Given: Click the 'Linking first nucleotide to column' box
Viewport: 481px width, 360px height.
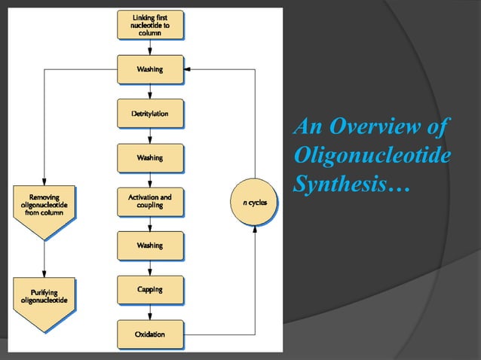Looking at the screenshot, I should coord(150,25).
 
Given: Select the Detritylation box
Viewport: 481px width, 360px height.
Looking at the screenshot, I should coord(150,114).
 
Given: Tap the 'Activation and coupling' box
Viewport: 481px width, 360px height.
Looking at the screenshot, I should coord(150,201).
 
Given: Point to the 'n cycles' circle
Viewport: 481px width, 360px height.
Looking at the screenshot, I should coord(253,202).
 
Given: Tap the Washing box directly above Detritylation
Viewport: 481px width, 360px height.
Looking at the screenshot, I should coord(150,70).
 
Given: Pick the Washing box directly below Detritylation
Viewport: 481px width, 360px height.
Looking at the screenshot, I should coord(150,157).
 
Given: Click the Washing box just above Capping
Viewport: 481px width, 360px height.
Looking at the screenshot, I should coord(150,246).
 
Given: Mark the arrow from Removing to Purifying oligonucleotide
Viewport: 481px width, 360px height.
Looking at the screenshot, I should coord(44,260).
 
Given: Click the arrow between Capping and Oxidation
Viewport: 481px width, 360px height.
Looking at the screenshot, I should coord(150,311).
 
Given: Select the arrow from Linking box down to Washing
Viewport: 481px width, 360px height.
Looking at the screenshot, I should coord(150,48).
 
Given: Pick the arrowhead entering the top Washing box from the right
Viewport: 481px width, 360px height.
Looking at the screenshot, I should coord(188,69).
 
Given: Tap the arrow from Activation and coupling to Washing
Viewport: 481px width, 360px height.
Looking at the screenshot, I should coord(150,224).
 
